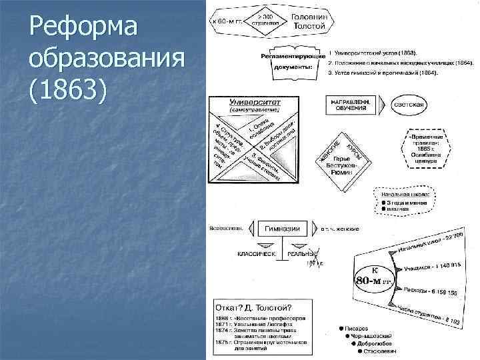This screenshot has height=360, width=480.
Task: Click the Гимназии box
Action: pos(282,228)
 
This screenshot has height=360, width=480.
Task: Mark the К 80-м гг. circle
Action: pos(374,275)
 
